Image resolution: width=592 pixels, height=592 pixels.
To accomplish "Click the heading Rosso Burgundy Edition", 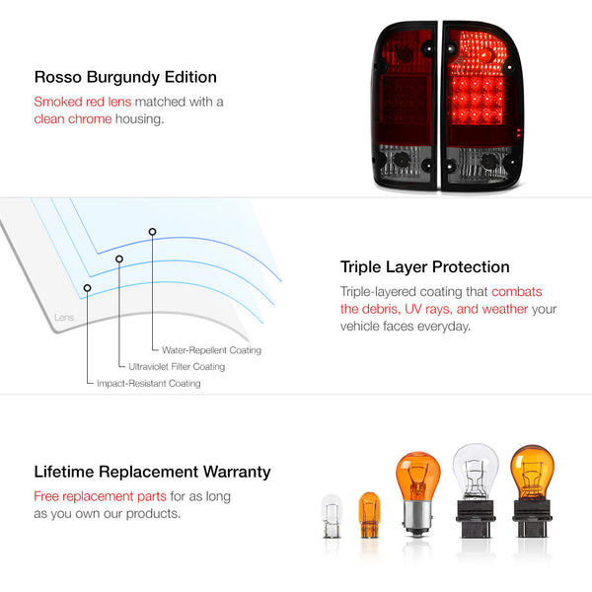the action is click(125, 77).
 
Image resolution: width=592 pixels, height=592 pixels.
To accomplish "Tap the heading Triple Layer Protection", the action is click(424, 267).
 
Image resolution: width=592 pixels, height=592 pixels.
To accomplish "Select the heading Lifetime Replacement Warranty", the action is click(152, 472).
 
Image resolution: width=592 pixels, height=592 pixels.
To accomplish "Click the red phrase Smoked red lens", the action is click(83, 102).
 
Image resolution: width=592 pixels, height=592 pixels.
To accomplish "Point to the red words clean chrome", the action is click(73, 119).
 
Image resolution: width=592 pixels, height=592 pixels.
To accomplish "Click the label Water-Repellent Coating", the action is click(211, 350).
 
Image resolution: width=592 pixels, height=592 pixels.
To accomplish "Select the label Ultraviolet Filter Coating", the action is click(177, 367).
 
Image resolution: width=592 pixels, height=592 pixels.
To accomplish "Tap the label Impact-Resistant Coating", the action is click(149, 383).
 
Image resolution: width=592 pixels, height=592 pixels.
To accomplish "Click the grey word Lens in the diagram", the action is click(64, 317).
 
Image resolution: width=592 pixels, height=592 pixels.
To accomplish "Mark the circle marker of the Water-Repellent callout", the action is click(152, 232).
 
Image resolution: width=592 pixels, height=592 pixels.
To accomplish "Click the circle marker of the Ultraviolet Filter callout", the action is click(119, 259).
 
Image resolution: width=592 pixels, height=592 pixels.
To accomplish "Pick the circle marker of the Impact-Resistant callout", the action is click(87, 288).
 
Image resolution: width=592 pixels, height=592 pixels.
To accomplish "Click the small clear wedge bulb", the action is click(332, 516).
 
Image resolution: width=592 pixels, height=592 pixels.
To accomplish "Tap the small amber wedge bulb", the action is click(369, 515).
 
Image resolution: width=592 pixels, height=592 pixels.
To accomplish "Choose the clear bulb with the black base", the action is click(476, 490).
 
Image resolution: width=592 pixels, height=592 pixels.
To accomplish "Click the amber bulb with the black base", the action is click(532, 491).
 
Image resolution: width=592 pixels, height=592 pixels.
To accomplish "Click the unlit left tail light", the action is click(405, 106).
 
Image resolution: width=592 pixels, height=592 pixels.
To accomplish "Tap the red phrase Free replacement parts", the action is click(100, 496).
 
